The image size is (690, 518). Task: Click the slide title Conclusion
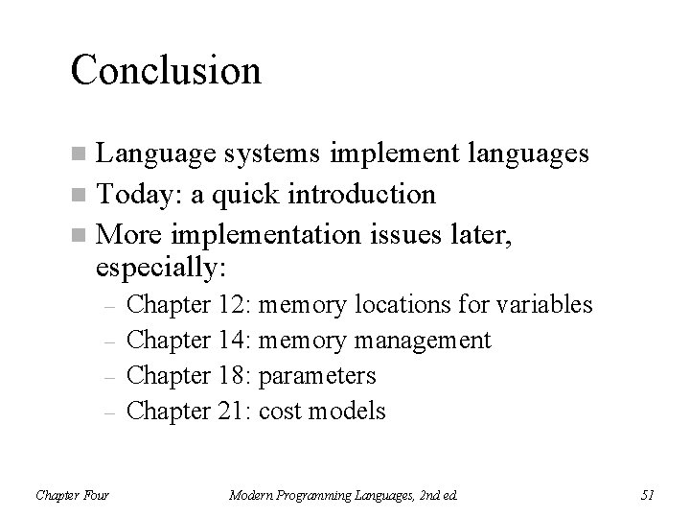coord(165,70)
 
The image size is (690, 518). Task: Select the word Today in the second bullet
coord(135,195)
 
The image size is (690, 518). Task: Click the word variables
coord(542,305)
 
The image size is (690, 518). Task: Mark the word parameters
coord(317,375)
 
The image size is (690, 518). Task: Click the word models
coord(349,411)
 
